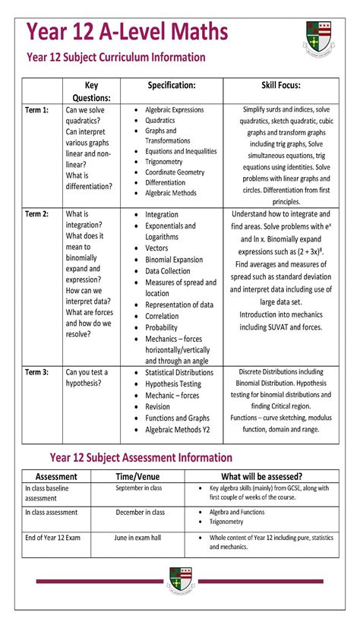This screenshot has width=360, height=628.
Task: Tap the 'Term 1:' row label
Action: (x=36, y=110)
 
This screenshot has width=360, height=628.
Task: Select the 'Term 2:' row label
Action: (x=36, y=214)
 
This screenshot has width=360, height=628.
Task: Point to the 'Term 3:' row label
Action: (x=36, y=372)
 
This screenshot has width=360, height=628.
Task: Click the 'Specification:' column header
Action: (x=172, y=86)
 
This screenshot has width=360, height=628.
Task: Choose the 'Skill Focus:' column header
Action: (x=280, y=86)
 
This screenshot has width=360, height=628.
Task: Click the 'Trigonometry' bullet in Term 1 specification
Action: (x=164, y=162)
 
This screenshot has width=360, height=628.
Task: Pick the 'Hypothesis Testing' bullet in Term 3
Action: (x=173, y=384)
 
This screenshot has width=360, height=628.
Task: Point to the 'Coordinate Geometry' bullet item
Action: (x=175, y=172)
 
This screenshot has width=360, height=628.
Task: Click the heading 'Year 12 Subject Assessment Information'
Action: (x=141, y=457)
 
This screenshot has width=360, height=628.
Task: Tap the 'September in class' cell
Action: (x=140, y=488)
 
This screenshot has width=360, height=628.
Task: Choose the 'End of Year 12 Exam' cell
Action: (x=52, y=538)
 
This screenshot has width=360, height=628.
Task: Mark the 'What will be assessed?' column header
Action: (x=262, y=476)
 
